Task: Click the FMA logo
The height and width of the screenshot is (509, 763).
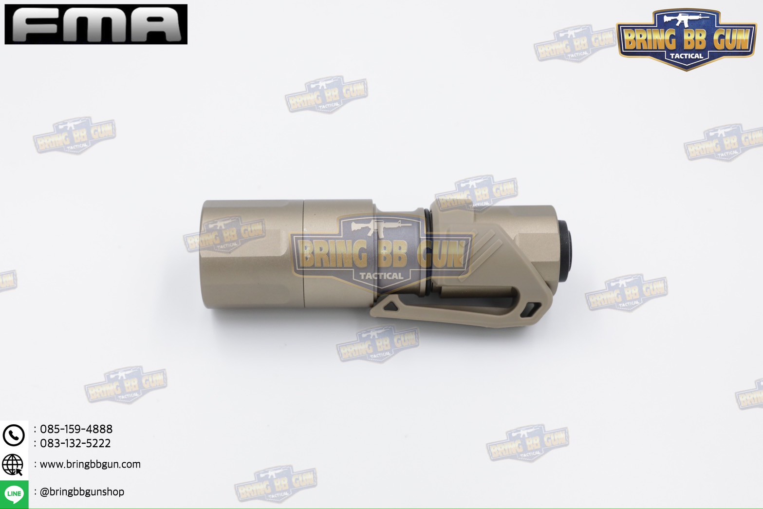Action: (x=96, y=24)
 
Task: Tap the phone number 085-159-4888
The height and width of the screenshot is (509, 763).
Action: (x=76, y=429)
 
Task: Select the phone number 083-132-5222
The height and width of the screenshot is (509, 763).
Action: (x=75, y=443)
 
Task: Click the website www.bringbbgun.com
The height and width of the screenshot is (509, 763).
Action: (x=90, y=464)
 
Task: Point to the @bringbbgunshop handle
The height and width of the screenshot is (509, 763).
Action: (x=82, y=492)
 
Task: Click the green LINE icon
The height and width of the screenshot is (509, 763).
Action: (x=14, y=494)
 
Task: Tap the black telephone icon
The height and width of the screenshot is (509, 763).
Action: (x=14, y=435)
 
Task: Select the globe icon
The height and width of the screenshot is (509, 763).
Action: (x=13, y=465)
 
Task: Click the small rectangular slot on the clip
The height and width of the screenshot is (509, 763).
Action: (x=534, y=308)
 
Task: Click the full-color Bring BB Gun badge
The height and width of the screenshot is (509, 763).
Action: (x=686, y=39)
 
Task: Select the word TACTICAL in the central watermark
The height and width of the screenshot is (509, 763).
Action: (x=381, y=276)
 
